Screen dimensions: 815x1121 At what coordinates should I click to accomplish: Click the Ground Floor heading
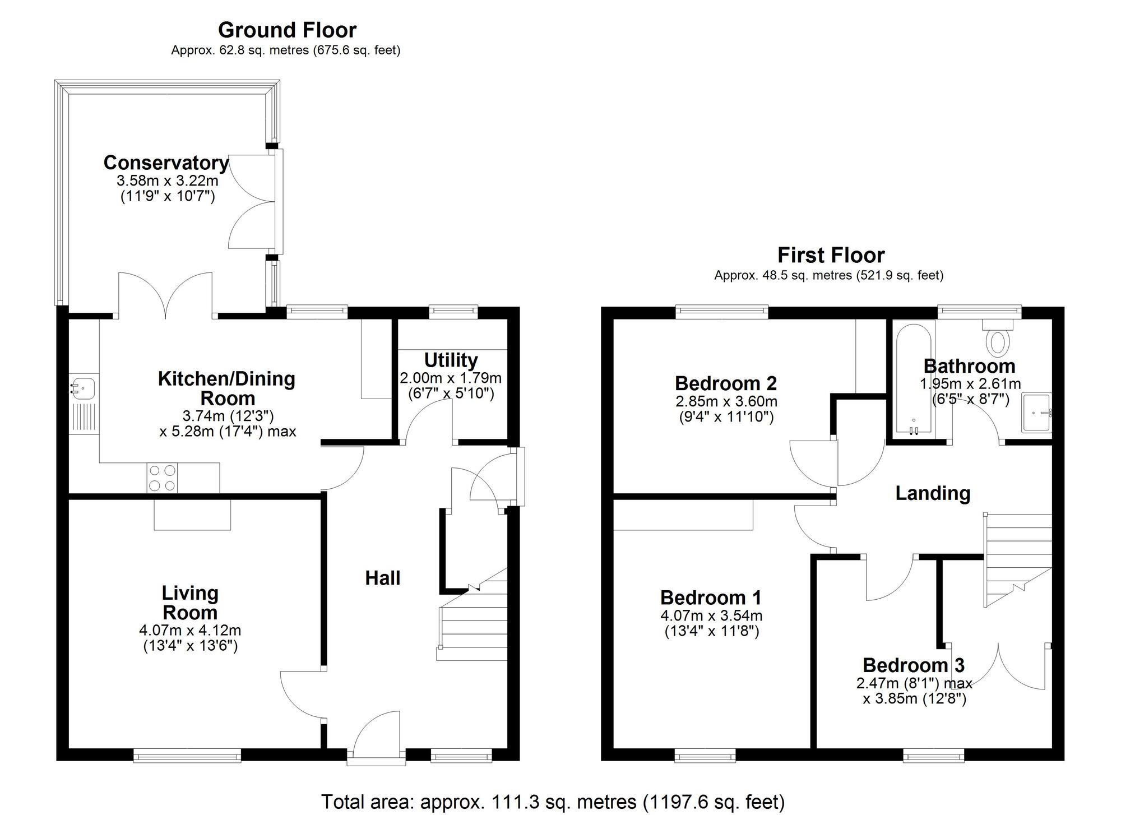(287, 30)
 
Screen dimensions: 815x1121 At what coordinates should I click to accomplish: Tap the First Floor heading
(830, 256)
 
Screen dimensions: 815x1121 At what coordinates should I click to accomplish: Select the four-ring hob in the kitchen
(163, 478)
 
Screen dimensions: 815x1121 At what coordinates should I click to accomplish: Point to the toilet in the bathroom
(998, 339)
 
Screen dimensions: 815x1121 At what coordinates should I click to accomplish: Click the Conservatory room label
(166, 163)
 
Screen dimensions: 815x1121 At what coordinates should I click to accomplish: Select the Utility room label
(451, 360)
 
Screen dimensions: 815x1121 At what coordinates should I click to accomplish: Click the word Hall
(383, 578)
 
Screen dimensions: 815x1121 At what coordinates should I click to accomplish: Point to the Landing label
(932, 493)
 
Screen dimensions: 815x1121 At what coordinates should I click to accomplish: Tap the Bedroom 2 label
(725, 383)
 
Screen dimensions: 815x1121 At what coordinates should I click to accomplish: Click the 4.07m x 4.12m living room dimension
(190, 631)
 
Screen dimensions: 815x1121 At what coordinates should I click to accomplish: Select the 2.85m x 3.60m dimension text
(726, 402)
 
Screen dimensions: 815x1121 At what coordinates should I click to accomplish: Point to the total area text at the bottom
(552, 802)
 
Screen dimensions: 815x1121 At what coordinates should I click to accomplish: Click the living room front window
(187, 757)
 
